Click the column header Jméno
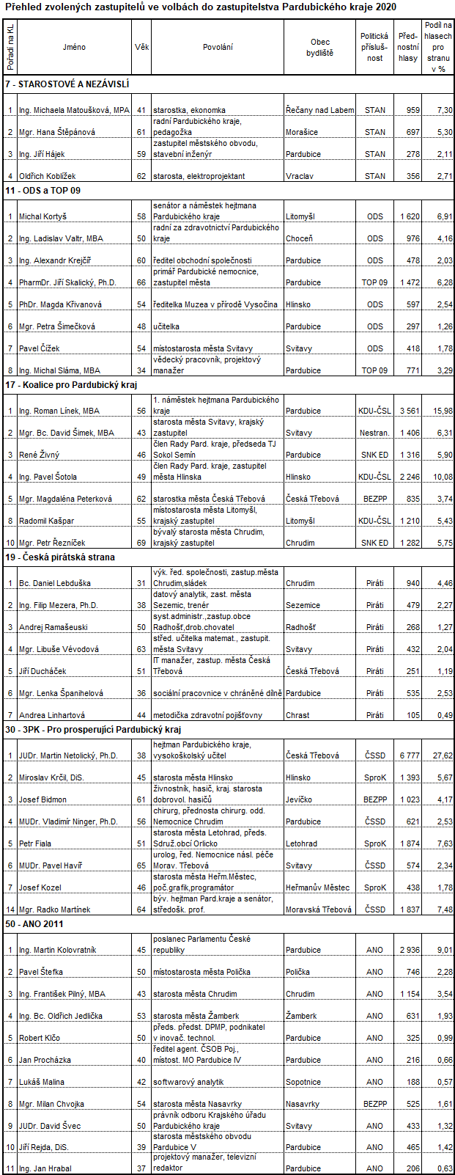pos(74,47)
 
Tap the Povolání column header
pos(218,47)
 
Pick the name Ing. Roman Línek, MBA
pos(59,411)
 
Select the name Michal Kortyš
pos(42,216)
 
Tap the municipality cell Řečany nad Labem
pos(319,110)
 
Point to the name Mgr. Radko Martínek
pos(55,909)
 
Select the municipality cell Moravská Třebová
pos(319,909)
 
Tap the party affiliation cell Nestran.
pos(374,433)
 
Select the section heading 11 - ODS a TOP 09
pos(43,191)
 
